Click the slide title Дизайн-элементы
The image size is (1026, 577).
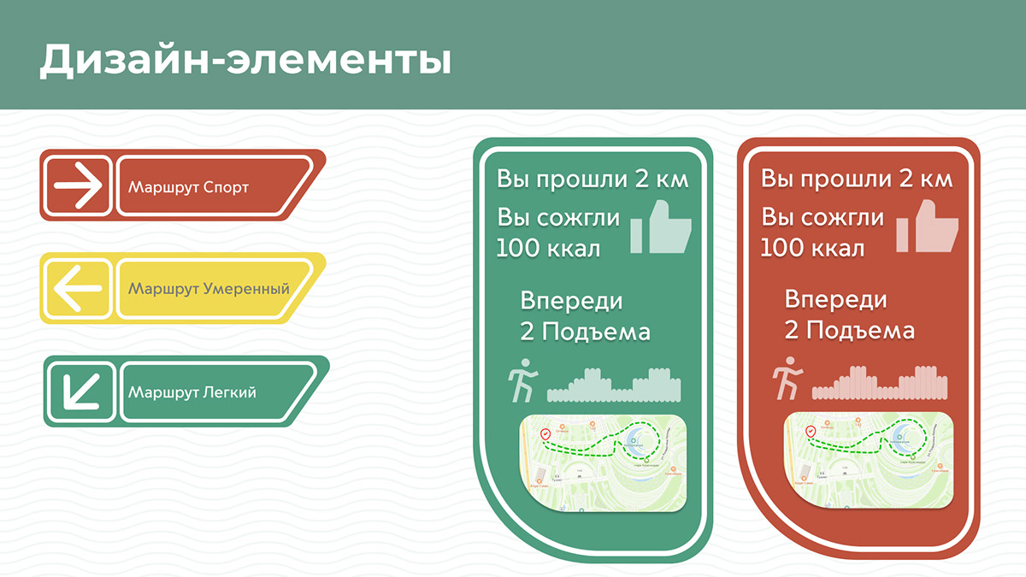[x=245, y=61]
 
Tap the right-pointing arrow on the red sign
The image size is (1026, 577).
[x=78, y=185]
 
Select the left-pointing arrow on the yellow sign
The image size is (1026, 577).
[x=78, y=288]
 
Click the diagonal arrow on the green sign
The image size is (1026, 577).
[x=81, y=391]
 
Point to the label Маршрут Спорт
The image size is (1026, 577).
[x=188, y=186]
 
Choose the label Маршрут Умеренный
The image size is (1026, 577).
[x=209, y=289]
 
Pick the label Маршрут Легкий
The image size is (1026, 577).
[x=192, y=392]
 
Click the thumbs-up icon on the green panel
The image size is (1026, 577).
[x=661, y=227]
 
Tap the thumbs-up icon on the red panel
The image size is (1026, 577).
[x=929, y=227]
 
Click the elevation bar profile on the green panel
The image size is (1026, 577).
[x=614, y=386]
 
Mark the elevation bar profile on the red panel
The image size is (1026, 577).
[x=879, y=386]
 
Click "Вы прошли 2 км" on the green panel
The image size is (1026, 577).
[x=593, y=180]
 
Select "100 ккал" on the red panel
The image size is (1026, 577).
[x=812, y=249]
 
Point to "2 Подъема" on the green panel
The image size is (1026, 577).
[x=585, y=332]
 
